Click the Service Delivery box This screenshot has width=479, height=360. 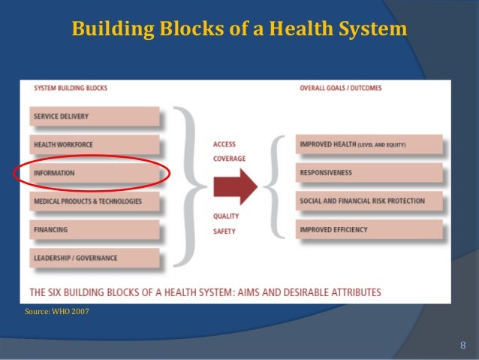95,116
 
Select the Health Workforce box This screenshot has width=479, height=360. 95,145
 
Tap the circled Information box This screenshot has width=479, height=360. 95,173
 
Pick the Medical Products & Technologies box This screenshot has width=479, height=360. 95,201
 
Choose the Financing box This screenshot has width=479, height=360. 95,230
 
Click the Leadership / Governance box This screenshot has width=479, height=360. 95,258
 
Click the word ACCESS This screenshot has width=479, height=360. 224,144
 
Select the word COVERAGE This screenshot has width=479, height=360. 229,159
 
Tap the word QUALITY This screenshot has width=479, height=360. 226,216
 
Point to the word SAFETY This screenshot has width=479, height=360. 224,231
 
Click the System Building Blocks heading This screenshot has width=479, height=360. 71,89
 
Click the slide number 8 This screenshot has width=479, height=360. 463,345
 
